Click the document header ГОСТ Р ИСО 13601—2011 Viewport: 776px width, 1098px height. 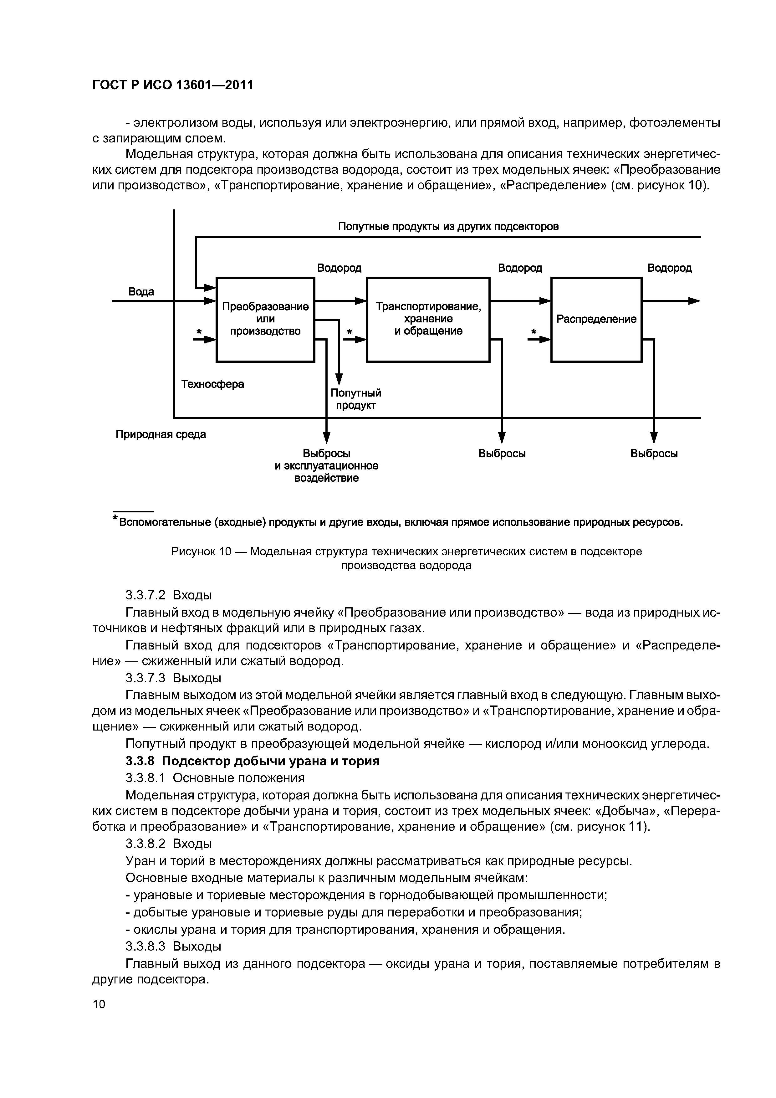click(x=172, y=85)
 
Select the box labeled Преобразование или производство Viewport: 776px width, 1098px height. click(x=265, y=319)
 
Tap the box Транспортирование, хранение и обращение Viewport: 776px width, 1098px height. click(x=428, y=319)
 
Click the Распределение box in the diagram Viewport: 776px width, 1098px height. click(x=596, y=319)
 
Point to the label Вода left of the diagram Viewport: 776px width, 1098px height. click(x=141, y=292)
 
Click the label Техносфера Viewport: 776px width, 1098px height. click(x=213, y=384)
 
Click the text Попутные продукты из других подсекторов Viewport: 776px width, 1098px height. click(x=448, y=226)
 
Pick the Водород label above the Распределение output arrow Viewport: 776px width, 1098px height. click(x=669, y=268)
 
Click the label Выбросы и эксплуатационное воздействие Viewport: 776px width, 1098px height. click(x=327, y=465)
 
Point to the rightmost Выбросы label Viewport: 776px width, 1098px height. click(x=654, y=453)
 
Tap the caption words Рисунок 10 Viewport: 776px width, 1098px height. click(x=201, y=552)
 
